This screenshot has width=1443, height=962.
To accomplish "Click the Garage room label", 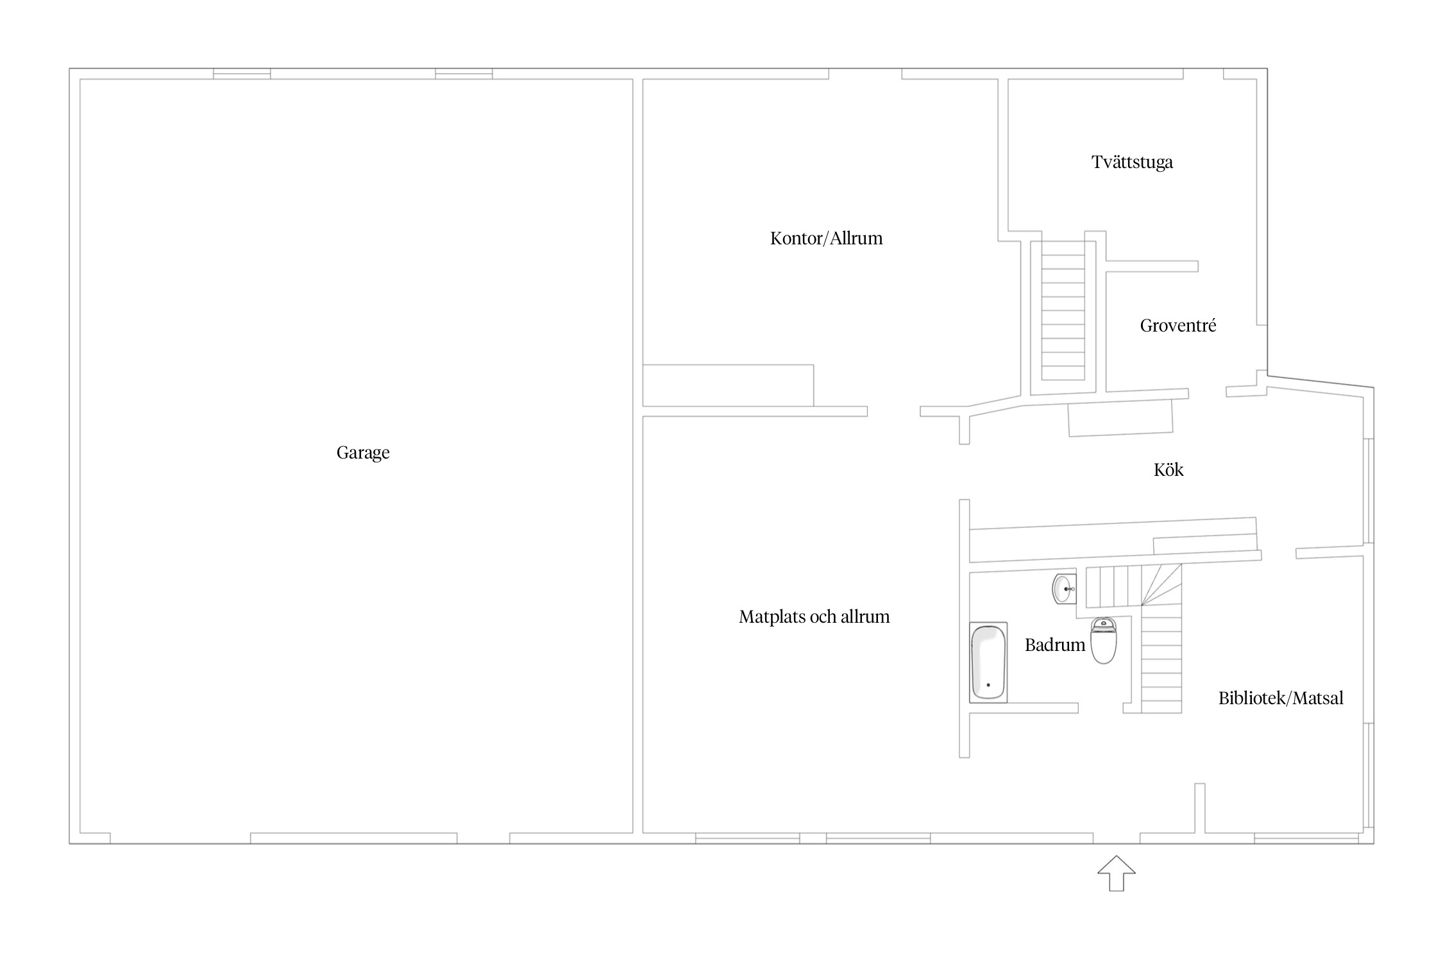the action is tap(363, 453).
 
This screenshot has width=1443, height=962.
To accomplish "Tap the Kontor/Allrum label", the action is tap(826, 239).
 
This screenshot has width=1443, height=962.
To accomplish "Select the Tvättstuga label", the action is tap(1132, 162).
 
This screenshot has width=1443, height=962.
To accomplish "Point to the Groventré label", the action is tap(1177, 326).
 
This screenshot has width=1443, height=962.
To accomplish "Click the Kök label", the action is tap(1169, 469).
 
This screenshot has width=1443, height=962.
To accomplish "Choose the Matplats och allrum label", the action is tap(814, 617).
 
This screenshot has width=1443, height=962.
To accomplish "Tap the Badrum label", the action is tap(1054, 645).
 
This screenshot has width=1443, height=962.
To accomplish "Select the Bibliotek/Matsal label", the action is tap(1281, 698).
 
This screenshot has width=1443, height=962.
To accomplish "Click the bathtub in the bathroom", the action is tap(988, 662).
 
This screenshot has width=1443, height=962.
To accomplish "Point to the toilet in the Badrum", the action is tap(1104, 640).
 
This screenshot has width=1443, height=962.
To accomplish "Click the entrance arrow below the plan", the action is tap(1117, 873).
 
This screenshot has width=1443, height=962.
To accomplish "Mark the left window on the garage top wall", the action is tap(242, 74).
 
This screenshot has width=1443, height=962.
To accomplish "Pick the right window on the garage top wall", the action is tap(464, 74).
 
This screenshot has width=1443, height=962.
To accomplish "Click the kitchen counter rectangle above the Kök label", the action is tap(1120, 418).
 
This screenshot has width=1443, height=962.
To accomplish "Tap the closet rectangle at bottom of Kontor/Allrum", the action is tap(728, 385).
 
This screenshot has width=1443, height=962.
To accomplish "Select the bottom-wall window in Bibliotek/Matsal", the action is tap(1306, 838).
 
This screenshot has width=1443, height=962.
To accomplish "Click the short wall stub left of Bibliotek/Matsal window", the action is tap(1199, 808).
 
